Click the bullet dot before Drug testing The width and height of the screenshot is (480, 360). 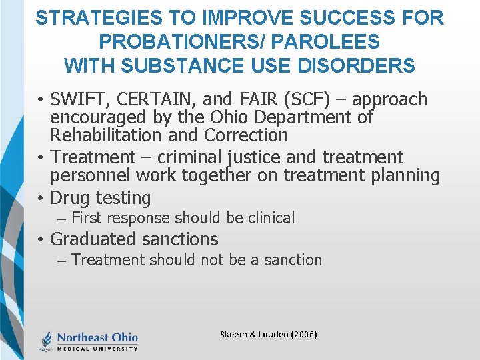(41, 199)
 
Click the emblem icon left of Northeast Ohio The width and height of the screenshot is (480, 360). (47, 340)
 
